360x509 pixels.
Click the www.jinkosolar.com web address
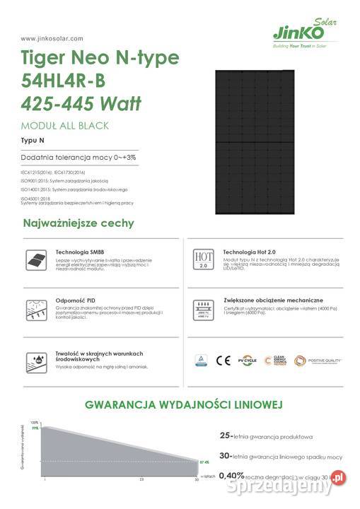[x=52, y=38]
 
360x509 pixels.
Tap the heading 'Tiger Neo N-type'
[x=100, y=58]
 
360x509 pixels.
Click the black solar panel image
[x=265, y=141]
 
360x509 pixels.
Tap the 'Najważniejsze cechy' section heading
[x=79, y=223]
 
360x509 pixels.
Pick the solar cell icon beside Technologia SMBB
[x=33, y=259]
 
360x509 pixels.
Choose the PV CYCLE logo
[x=247, y=361]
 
